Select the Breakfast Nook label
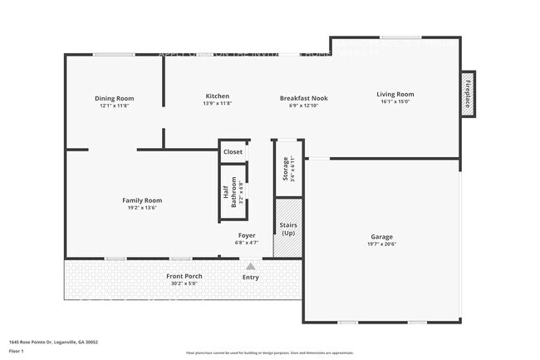tap(303, 98)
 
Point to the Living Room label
tap(395, 95)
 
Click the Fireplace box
tap(468, 93)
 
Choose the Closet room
tap(233, 152)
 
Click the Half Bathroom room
tap(233, 192)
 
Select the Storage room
tap(286, 170)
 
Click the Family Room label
tap(142, 200)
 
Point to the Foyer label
tap(247, 235)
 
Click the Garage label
tap(381, 236)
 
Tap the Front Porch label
tap(184, 276)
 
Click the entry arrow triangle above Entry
tap(250, 265)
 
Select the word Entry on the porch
tap(250, 277)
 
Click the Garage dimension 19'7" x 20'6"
tap(381, 244)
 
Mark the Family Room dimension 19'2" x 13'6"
tap(142, 208)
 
